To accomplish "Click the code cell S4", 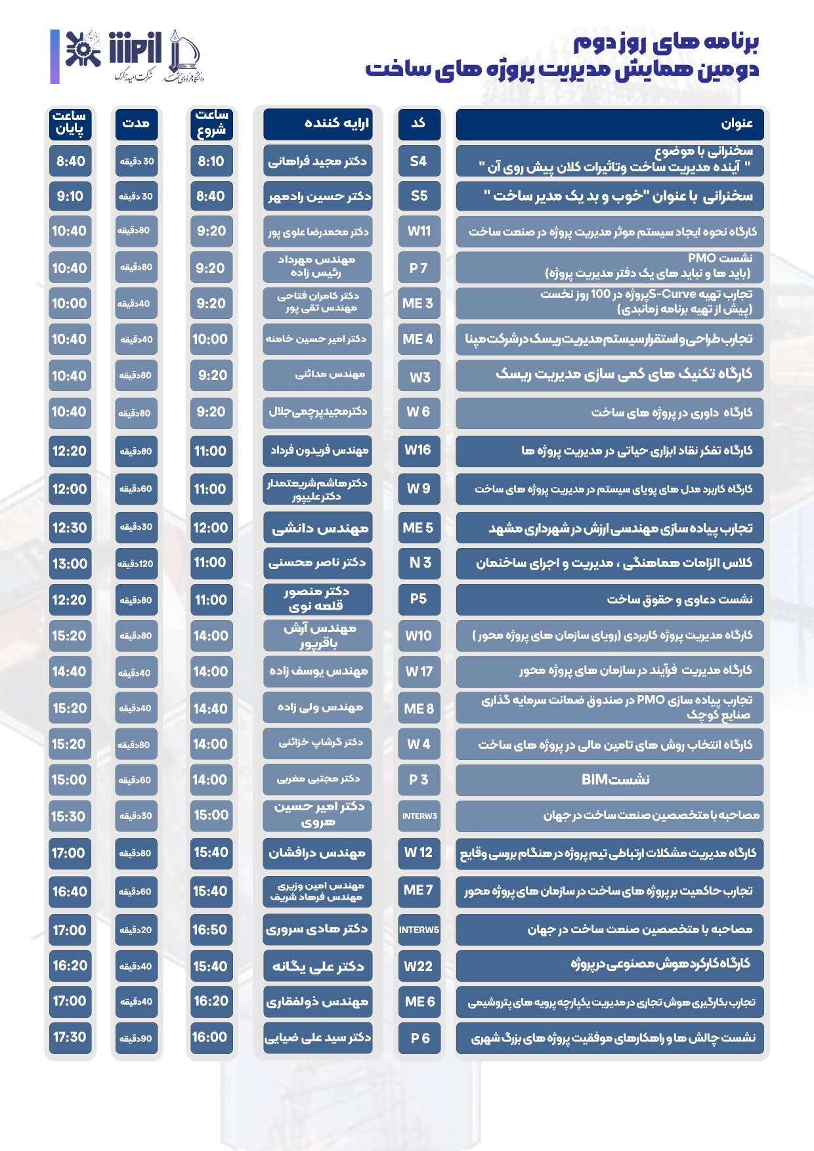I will click(419, 161).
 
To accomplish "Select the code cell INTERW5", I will click(419, 930).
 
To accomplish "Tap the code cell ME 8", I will click(419, 709).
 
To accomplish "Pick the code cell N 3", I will click(419, 563).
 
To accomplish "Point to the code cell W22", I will click(419, 966).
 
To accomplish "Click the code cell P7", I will click(419, 268).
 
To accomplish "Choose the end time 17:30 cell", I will click(70, 1037).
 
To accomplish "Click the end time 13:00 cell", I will click(70, 564).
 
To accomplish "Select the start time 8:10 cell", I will click(211, 161).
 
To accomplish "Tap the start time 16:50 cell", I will click(210, 930).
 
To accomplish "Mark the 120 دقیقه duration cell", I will click(135, 564).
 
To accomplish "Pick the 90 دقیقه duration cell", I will click(135, 1038).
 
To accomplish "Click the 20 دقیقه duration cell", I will click(135, 931).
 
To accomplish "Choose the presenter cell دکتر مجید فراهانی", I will click(318, 161).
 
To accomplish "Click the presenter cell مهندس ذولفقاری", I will click(318, 1002).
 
